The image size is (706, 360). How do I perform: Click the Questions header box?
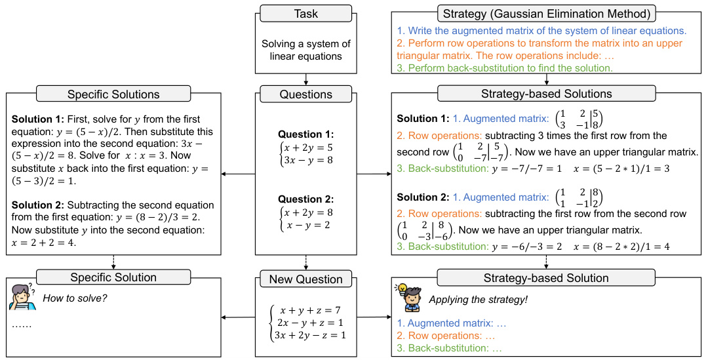(x=305, y=94)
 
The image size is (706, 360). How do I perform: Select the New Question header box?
(x=305, y=279)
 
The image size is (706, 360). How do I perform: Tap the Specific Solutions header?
(x=113, y=94)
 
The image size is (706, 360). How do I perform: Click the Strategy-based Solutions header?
(x=546, y=94)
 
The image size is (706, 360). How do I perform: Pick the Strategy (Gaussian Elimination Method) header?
(x=546, y=12)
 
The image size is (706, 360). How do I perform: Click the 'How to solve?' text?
(x=75, y=298)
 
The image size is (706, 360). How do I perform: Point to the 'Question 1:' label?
(x=305, y=134)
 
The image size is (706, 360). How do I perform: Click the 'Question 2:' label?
(x=305, y=199)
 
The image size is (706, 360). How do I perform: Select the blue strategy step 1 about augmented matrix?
(x=541, y=31)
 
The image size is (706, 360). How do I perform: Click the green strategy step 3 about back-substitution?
(x=505, y=68)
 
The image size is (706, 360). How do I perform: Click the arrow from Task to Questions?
(x=305, y=79)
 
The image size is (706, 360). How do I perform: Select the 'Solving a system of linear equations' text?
(x=305, y=50)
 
